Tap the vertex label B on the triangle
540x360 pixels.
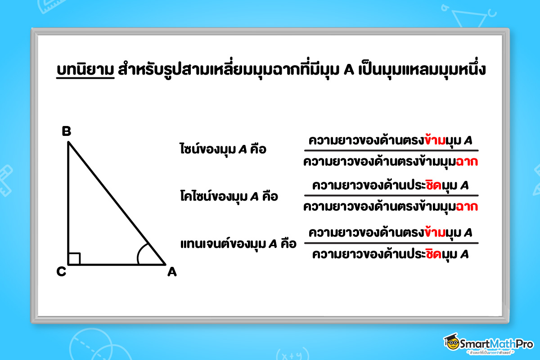pyautogui.click(x=66, y=131)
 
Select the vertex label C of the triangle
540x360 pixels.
pyautogui.click(x=62, y=272)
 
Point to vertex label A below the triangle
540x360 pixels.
pyautogui.click(x=171, y=272)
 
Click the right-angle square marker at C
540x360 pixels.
pyautogui.click(x=74, y=259)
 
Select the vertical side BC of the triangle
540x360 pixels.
pyautogui.click(x=68, y=202)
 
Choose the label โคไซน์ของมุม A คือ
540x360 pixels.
pyautogui.click(x=228, y=197)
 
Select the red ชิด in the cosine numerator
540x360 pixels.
pyautogui.click(x=427, y=185)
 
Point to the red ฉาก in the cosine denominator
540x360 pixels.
pyautogui.click(x=466, y=207)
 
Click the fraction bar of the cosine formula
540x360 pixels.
pyautogui.click(x=391, y=196)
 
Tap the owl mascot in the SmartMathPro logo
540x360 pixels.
pyautogui.click(x=451, y=343)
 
